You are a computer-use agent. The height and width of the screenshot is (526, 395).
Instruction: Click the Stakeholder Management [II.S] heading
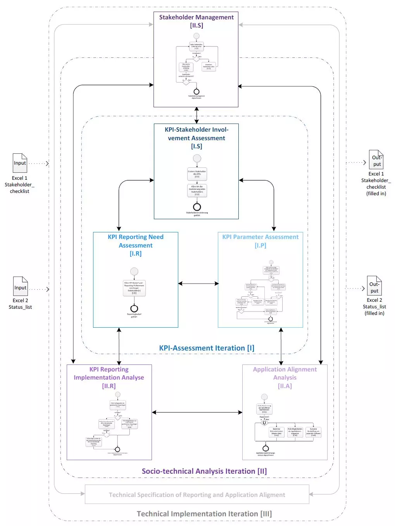point(196,21)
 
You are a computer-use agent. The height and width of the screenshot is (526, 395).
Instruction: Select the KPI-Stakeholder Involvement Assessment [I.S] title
point(197,138)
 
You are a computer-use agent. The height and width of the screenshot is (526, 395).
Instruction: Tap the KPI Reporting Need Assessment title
point(136,245)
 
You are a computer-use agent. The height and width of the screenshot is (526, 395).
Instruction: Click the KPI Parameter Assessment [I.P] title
point(260,241)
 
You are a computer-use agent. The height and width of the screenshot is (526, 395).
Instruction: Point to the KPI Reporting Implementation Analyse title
point(109,378)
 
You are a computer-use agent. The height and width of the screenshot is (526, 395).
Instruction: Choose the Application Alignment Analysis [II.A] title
point(285,378)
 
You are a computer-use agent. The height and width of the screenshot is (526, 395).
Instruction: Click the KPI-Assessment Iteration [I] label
point(207,348)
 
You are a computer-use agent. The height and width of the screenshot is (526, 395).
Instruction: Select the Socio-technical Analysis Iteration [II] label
point(204,471)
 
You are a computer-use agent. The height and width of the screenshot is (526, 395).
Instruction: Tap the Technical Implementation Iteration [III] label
point(204,514)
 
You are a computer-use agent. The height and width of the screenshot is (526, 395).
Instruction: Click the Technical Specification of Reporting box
point(197,495)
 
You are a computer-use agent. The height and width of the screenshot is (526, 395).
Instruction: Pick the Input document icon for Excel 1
point(20,163)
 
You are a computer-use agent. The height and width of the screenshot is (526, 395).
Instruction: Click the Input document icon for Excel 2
point(21,286)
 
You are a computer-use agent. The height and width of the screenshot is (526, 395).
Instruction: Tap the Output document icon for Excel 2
point(374,286)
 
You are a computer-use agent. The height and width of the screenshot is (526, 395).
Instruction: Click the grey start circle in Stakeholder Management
point(197,36)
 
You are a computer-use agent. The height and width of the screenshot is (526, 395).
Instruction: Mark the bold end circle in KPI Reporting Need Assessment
point(134,309)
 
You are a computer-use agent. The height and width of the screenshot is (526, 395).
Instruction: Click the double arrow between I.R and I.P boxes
point(198,284)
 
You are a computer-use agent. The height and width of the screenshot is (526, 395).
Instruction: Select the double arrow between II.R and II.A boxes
point(197,413)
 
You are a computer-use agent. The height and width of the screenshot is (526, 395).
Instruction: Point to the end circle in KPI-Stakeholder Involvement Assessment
point(197,207)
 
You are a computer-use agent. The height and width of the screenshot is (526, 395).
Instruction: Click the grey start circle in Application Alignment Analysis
point(264,397)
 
